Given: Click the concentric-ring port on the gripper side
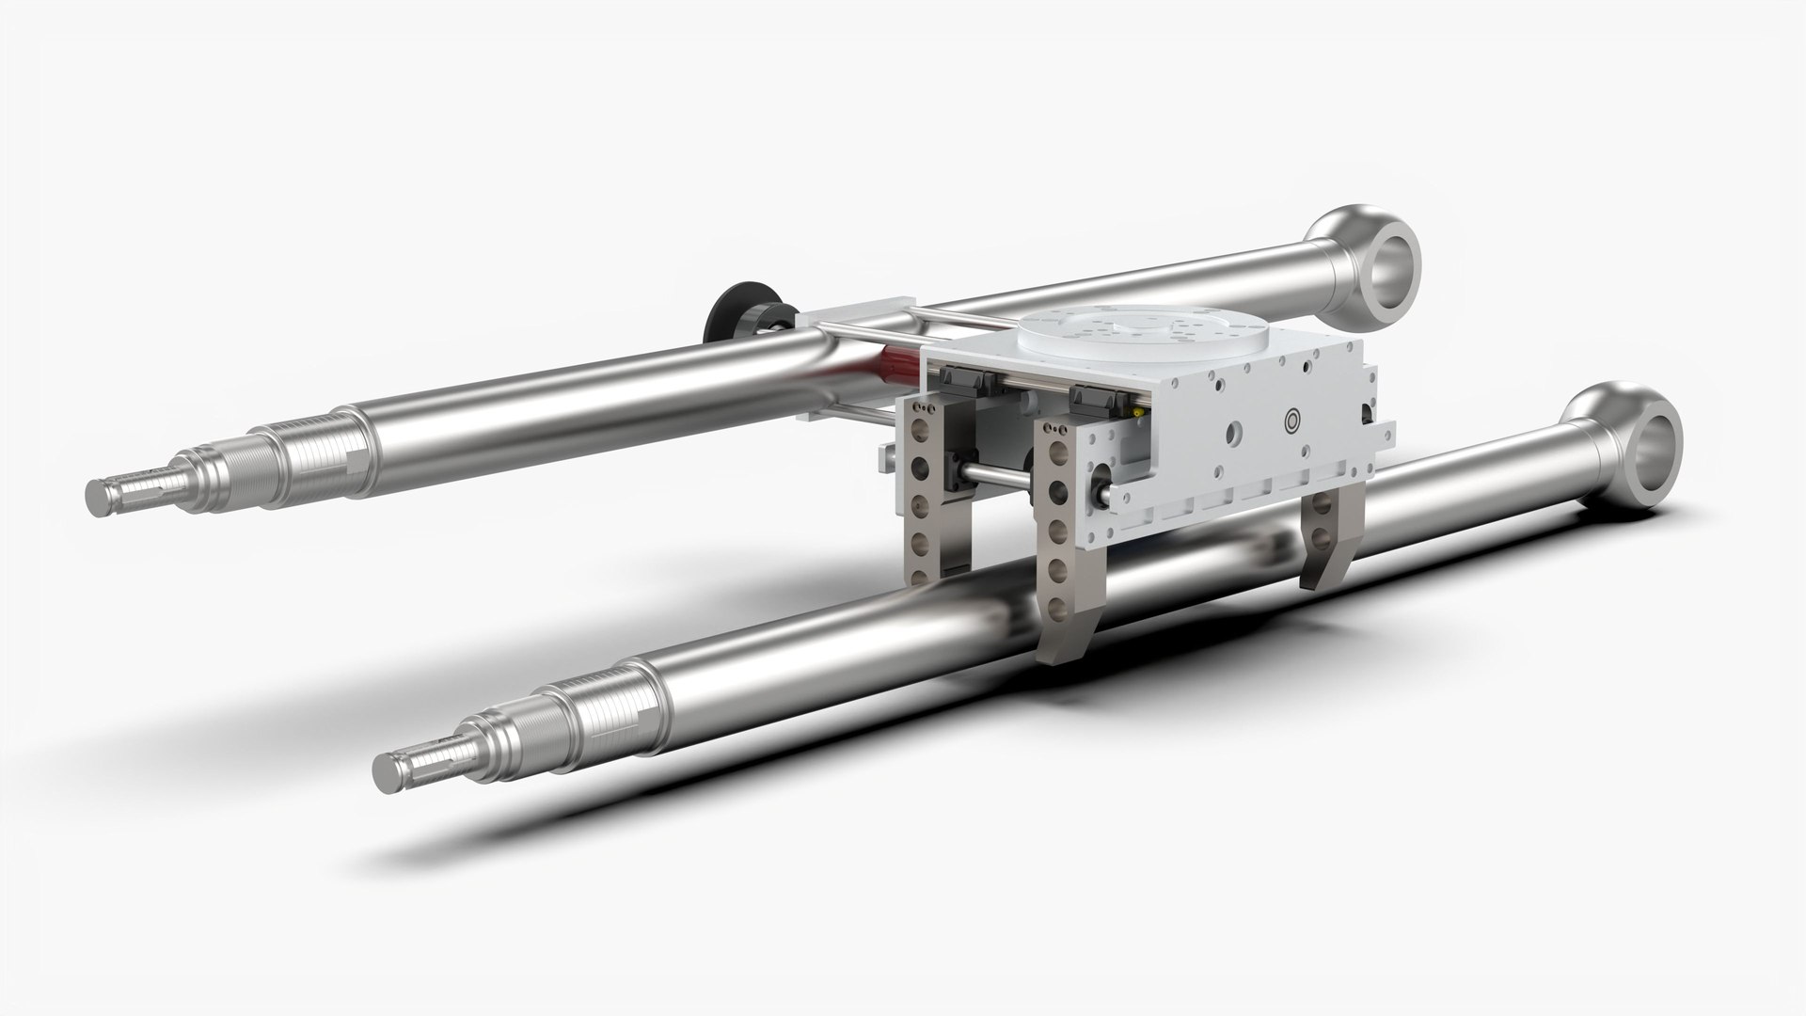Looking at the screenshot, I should coord(1292,420).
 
